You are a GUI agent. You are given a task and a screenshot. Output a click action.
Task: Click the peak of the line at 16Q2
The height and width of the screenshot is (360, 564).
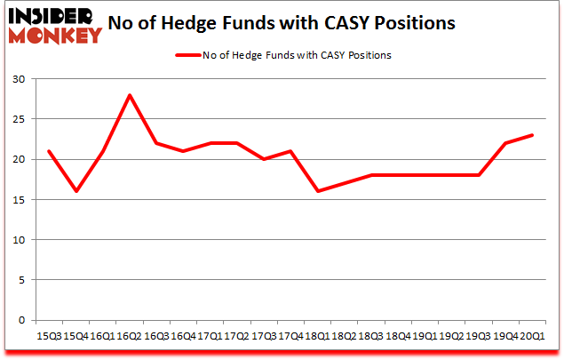click(x=129, y=95)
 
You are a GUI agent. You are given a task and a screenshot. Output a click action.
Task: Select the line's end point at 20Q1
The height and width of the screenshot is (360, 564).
click(x=533, y=135)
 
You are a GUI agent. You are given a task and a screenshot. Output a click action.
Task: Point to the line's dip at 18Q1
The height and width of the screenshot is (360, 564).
click(x=317, y=191)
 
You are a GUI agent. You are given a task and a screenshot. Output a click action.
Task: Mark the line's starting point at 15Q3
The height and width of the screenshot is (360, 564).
click(x=48, y=151)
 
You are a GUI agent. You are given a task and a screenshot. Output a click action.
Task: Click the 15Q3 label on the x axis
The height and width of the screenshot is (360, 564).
click(x=48, y=336)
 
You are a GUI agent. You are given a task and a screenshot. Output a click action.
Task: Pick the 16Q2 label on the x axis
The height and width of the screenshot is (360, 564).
click(x=129, y=336)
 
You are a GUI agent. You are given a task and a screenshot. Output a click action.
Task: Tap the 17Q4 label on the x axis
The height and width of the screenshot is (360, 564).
click(x=290, y=336)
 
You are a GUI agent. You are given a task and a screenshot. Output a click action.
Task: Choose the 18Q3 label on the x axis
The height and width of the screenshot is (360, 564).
click(x=371, y=336)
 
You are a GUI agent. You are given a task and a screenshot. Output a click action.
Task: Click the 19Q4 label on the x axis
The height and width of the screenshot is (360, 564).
click(x=505, y=336)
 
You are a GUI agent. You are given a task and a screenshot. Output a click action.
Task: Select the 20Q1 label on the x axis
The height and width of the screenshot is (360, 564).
click(x=533, y=336)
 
